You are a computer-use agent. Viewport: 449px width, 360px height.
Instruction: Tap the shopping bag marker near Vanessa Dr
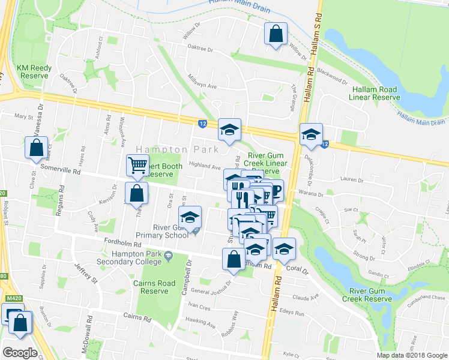point(36,147)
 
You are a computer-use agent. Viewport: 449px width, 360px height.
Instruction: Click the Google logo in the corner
point(20,353)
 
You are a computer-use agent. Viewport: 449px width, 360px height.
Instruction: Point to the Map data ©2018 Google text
point(412,355)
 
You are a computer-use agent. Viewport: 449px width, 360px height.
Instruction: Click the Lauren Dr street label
point(352,179)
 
